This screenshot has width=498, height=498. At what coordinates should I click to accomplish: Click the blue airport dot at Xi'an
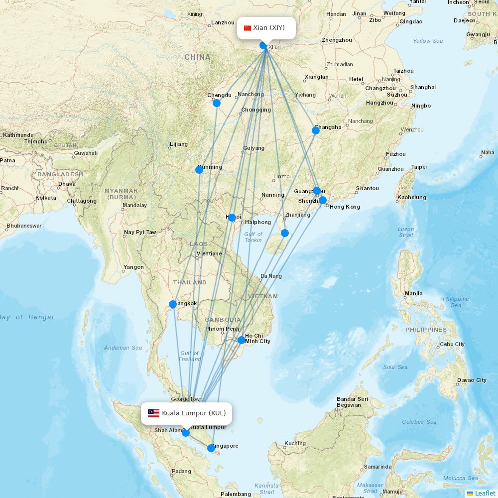click(263, 45)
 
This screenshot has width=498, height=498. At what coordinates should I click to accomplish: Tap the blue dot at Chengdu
click(217, 103)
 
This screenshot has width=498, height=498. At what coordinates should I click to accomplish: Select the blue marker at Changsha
click(316, 130)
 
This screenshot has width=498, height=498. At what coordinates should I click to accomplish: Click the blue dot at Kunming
click(199, 170)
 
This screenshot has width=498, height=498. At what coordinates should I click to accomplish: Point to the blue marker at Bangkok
click(173, 304)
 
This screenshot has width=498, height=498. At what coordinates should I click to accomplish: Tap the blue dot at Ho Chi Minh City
click(242, 340)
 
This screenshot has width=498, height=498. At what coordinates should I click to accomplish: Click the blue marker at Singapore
click(211, 448)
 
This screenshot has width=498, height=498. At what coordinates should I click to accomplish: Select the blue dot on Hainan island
click(285, 233)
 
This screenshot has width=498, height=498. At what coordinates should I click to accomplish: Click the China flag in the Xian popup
click(248, 28)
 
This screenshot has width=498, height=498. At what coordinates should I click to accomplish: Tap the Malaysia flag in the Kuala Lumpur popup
click(153, 413)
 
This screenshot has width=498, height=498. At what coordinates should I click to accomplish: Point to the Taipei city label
click(419, 167)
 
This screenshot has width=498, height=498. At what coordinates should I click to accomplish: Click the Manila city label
click(414, 294)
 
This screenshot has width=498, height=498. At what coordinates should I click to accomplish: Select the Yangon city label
click(133, 267)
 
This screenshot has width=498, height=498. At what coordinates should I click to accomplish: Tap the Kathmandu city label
click(18, 135)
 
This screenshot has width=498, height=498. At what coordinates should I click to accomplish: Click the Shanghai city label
click(423, 87)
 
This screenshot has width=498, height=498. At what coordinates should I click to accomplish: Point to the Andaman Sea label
click(123, 348)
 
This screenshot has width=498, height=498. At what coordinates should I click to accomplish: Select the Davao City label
click(472, 380)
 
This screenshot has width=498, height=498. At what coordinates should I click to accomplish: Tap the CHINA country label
click(198, 57)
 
